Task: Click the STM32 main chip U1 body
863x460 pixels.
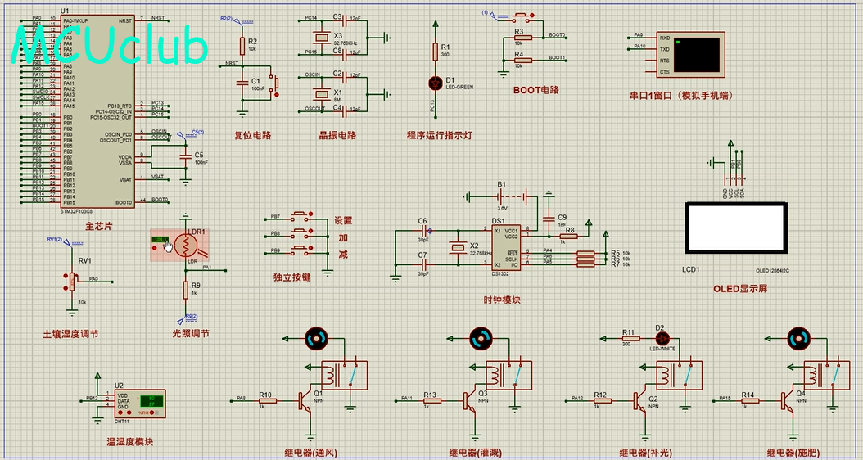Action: point(97,110)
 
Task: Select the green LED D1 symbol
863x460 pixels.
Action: point(436,83)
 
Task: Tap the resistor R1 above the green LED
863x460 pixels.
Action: point(436,52)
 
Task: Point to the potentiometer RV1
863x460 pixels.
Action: point(71,280)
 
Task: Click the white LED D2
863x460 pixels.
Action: point(661,337)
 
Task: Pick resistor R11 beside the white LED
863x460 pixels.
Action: point(629,337)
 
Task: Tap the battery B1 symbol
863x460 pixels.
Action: point(501,196)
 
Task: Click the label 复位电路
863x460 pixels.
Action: point(252,135)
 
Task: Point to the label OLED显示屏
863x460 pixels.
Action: point(740,288)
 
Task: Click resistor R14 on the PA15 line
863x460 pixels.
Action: point(748,400)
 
